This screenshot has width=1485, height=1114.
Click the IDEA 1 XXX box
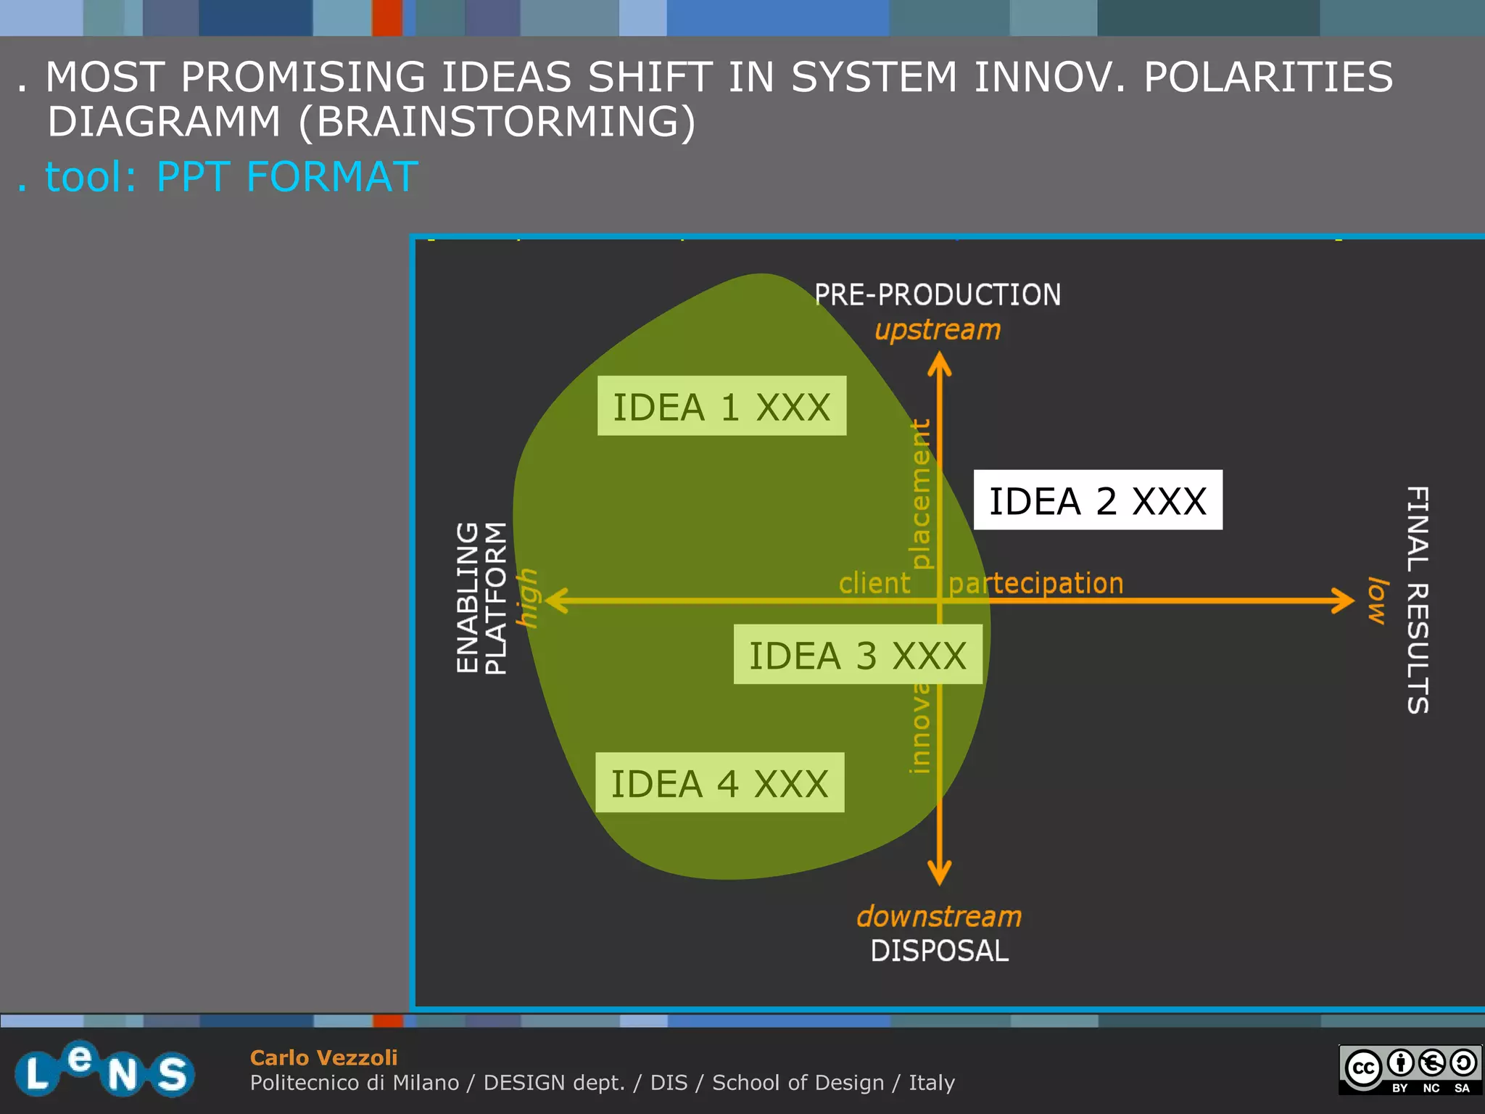coord(721,405)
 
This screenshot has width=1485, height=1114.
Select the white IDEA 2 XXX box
coord(1097,500)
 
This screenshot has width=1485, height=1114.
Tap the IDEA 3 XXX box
coord(857,654)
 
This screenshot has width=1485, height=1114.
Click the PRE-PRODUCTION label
coord(938,294)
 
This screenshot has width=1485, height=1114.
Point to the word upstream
coord(938,330)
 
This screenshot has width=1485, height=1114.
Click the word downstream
coord(939,917)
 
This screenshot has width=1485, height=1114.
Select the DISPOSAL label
coord(939,951)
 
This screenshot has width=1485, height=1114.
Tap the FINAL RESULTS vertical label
coord(1417,600)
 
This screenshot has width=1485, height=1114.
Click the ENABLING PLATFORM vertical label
coord(481,598)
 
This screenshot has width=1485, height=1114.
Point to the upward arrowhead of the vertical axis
coord(940,363)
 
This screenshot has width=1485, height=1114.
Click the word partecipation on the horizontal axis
coord(1035,583)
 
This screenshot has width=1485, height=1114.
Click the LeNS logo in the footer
coord(105,1069)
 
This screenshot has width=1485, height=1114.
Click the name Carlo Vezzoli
coord(323,1057)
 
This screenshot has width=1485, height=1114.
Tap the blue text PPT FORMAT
coord(287,176)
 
